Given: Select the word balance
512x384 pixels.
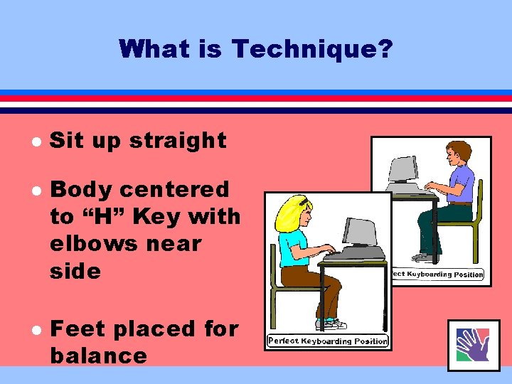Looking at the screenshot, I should click(98, 356).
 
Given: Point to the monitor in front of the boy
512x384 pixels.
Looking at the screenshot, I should click(402, 169).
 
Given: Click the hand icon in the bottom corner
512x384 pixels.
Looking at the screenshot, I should click(473, 344).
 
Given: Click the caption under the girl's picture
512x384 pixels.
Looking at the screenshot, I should click(328, 341).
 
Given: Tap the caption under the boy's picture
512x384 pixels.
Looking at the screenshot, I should click(438, 274).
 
